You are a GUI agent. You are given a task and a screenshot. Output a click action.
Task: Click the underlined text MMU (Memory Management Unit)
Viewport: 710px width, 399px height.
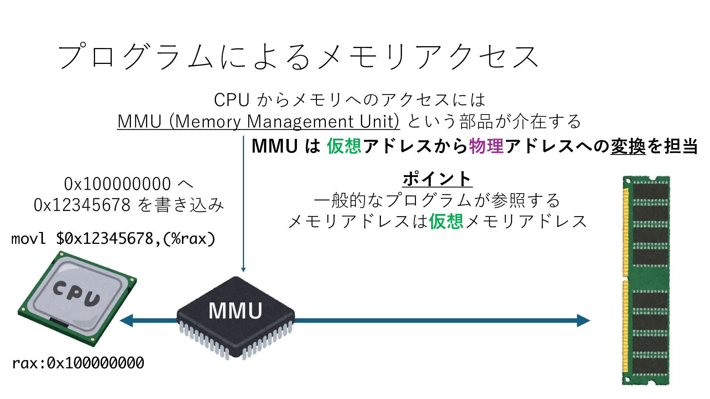click(x=258, y=121)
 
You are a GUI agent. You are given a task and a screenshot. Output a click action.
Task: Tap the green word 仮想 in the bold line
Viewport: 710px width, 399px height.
click(x=344, y=146)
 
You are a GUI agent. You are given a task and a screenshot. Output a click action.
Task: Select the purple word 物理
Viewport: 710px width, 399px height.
click(x=486, y=146)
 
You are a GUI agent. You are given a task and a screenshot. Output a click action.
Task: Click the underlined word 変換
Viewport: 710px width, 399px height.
click(x=628, y=146)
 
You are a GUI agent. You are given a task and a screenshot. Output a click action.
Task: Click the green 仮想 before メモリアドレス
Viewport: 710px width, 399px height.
click(x=446, y=221)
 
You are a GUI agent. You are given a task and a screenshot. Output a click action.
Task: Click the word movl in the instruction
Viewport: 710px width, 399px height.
click(x=28, y=239)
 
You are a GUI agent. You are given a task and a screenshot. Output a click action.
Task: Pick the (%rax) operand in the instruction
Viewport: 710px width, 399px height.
click(x=188, y=239)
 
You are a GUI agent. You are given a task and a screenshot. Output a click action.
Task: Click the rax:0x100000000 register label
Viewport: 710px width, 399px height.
click(x=78, y=363)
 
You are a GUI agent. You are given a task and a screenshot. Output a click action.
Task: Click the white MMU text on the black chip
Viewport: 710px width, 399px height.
click(x=235, y=311)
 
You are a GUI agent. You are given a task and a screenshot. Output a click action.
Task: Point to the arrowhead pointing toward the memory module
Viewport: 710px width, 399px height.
click(x=584, y=320)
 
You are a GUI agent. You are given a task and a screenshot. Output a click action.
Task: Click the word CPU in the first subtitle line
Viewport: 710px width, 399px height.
click(x=231, y=100)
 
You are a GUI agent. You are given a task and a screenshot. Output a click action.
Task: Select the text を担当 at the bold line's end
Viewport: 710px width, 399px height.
click(x=672, y=146)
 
